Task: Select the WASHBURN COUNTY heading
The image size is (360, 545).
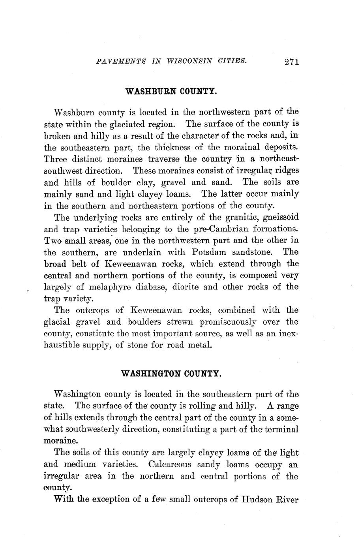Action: pos(171,91)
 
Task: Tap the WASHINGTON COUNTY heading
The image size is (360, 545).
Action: pos(171,373)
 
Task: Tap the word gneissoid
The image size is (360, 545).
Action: pos(279,217)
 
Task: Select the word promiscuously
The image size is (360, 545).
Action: pos(228,322)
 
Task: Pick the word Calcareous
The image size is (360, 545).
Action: pos(170,464)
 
